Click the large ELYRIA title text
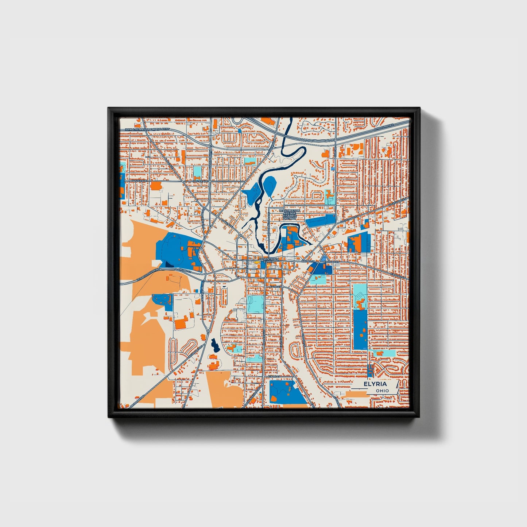tap(375, 384)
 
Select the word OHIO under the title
tap(382, 391)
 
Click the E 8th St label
tap(274, 376)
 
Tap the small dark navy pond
tap(214, 344)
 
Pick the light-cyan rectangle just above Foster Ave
tap(197, 171)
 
